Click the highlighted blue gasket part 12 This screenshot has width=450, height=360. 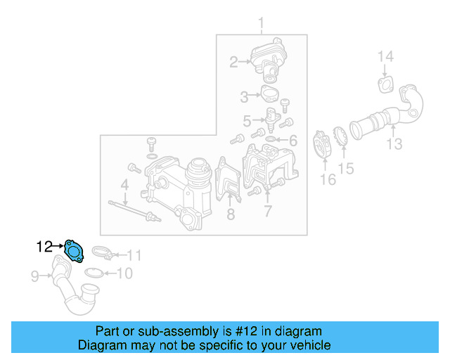(x=73, y=249)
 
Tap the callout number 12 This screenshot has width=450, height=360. (x=45, y=246)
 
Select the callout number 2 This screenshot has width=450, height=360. (x=233, y=63)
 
